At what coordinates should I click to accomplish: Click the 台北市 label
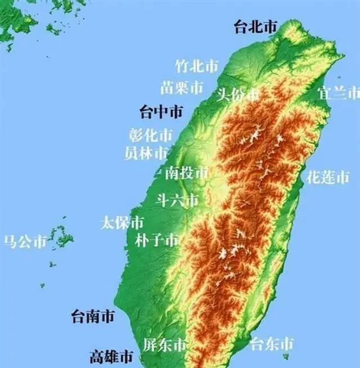coord(256,27)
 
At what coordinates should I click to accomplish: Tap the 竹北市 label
coord(196,66)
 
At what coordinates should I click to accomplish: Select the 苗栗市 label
coord(182,88)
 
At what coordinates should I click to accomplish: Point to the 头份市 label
coord(238,95)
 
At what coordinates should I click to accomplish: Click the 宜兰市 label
coord(338,93)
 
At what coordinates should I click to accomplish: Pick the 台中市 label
coord(161,111)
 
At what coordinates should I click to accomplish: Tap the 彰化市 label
coord(150,135)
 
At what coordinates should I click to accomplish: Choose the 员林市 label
coord(146,152)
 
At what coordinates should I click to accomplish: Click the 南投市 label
coord(186,173)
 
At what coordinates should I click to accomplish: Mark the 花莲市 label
coord(328,178)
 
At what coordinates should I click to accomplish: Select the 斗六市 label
coord(177,200)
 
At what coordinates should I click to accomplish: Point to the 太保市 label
coord(122,222)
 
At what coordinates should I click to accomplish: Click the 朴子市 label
coord(157,240)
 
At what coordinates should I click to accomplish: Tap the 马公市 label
coord(25,242)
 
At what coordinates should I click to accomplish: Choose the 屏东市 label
coord(164,344)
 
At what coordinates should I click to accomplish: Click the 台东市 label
coord(272,343)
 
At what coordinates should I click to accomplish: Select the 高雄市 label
coord(111,357)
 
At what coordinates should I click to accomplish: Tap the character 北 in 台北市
coord(256,27)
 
